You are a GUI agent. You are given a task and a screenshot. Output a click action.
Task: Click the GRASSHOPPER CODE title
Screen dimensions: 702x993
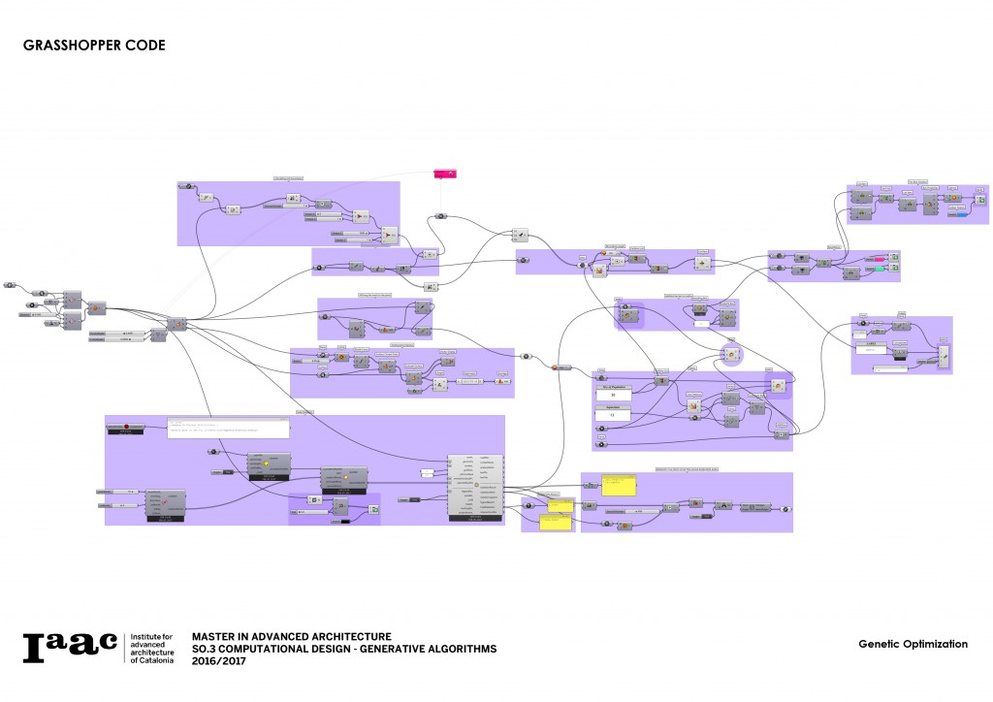[x=93, y=46]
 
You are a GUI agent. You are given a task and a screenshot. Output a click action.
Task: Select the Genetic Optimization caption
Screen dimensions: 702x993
[x=913, y=644]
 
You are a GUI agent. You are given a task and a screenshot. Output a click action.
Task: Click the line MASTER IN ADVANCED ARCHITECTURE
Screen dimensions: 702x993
[x=292, y=636]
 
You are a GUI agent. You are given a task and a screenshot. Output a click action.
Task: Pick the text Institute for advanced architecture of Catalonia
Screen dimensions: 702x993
[x=153, y=649]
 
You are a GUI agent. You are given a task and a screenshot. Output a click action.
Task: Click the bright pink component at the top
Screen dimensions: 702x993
[x=444, y=174]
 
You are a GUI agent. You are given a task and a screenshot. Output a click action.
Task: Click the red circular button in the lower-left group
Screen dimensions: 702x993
[x=127, y=427]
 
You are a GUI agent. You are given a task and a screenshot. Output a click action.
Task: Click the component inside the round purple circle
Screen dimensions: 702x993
[x=733, y=355]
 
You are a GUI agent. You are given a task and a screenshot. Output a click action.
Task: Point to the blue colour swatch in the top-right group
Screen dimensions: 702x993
[x=956, y=214]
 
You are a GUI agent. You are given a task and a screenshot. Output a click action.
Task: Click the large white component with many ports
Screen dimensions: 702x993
[x=475, y=487]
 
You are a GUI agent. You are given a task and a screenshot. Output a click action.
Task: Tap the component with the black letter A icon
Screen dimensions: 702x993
[x=721, y=505]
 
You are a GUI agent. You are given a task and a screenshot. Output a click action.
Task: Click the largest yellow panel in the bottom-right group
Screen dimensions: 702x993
[x=618, y=487]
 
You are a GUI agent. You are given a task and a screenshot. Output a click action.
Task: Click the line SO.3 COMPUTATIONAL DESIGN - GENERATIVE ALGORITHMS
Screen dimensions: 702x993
[x=344, y=649]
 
